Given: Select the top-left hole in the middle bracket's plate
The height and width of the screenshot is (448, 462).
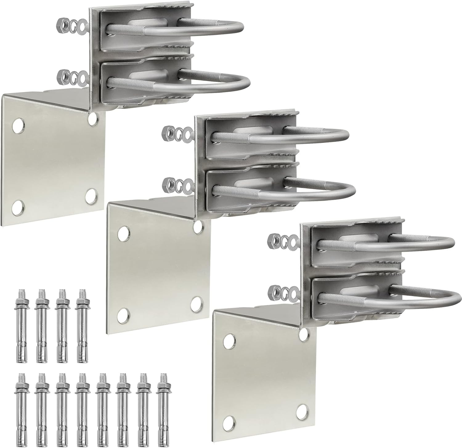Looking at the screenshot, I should click(123, 232).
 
